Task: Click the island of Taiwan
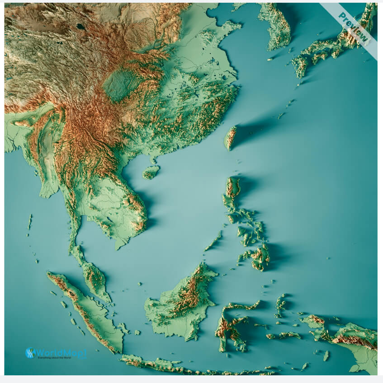click(231, 138)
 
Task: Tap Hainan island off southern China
click(151, 172)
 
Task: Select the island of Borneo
click(181, 303)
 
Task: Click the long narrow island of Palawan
click(213, 241)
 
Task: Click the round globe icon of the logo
click(30, 353)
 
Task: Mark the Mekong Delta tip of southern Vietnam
click(120, 244)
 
